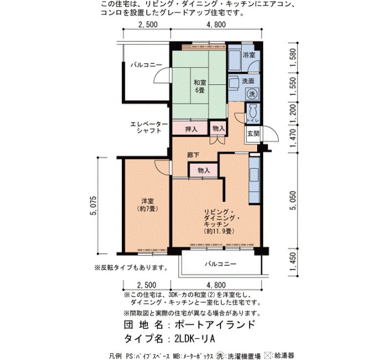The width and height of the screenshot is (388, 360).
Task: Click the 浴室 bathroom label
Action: click(x=249, y=55)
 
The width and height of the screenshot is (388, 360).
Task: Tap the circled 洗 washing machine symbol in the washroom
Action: click(x=252, y=94)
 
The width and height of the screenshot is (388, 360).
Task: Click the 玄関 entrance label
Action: click(x=253, y=134)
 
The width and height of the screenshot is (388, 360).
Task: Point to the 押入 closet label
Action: click(x=191, y=129)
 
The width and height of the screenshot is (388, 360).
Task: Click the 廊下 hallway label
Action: click(x=193, y=155)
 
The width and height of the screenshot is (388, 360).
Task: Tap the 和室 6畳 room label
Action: click(x=200, y=86)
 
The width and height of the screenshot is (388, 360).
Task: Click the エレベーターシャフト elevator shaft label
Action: click(x=149, y=127)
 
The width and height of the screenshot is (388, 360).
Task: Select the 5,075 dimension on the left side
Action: click(x=94, y=205)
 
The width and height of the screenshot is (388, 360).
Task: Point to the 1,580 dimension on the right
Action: click(x=293, y=58)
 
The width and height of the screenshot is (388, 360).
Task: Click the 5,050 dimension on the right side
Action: click(x=293, y=200)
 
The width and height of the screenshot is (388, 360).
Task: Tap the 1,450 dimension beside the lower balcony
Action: click(x=293, y=261)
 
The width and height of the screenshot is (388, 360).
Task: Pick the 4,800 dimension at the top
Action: click(x=216, y=24)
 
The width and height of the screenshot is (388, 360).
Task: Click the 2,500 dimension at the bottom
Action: click(x=147, y=285)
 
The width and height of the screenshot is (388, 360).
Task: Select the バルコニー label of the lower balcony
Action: click(x=220, y=264)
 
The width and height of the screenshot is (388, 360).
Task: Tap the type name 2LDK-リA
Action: click(x=195, y=338)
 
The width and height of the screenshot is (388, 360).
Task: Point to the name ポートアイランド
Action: click(x=215, y=325)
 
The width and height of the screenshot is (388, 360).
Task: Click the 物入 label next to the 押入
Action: click(x=218, y=128)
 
